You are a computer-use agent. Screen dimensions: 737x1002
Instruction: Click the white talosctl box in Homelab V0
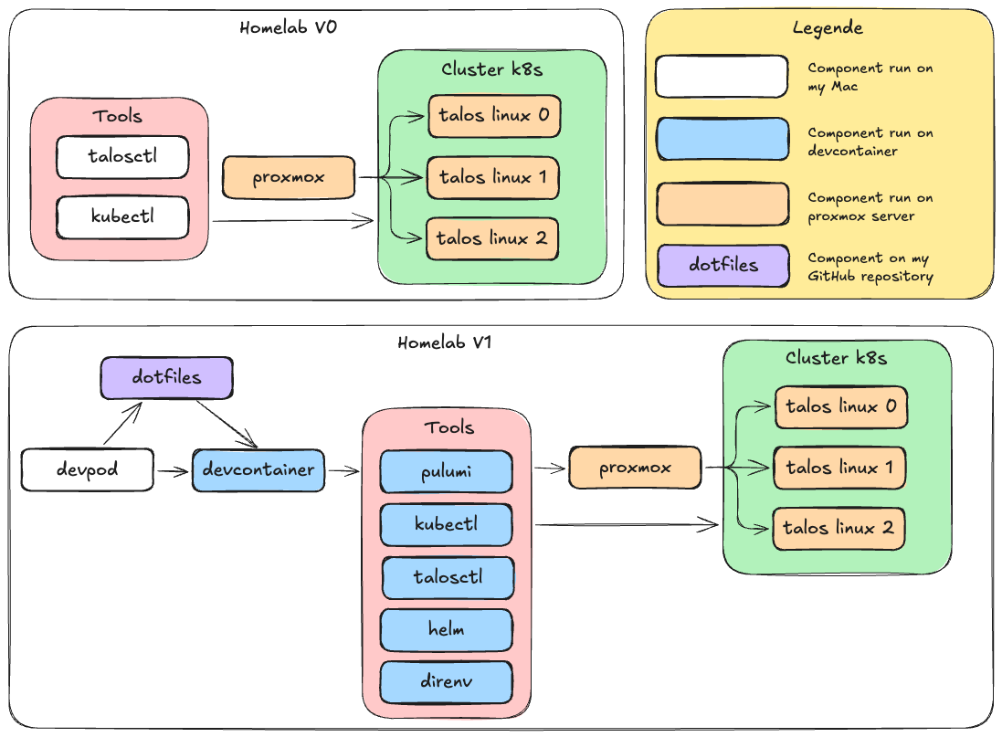coord(122,156)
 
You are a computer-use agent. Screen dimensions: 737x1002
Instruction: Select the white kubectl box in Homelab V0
coord(122,217)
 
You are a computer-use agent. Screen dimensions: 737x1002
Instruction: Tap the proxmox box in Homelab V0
coord(289,177)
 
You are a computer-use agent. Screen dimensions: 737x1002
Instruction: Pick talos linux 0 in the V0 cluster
coord(493,116)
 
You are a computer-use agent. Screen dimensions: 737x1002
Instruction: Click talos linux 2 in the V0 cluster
coord(491,238)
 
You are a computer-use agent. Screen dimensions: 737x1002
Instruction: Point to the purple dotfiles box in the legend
coord(722,266)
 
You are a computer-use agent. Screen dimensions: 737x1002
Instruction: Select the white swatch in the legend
coord(722,77)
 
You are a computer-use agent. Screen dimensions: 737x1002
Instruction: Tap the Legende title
coord(827,28)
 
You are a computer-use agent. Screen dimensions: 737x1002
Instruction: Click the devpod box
coord(88,470)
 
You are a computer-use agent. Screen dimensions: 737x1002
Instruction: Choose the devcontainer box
coord(258,470)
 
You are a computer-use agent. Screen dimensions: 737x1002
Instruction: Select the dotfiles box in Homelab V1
coord(166,377)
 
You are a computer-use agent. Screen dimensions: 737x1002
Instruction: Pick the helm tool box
coord(446,629)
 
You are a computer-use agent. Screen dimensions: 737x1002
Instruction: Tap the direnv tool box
coord(446,681)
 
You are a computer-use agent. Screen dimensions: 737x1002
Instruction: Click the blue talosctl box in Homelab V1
coord(448,577)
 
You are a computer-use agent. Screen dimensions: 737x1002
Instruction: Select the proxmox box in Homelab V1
coord(635,468)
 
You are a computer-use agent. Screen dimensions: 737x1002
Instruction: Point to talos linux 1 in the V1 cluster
coord(839,468)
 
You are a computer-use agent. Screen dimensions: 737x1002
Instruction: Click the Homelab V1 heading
coord(446,343)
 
